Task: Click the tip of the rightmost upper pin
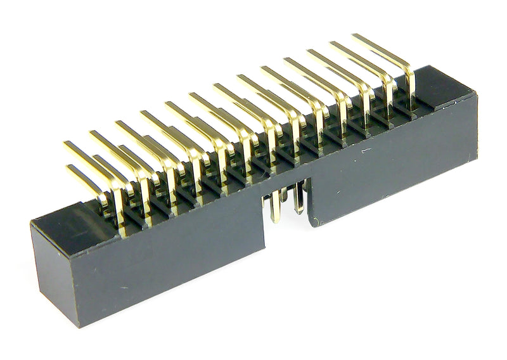coord(356,37)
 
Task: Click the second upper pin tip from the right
coord(332,46)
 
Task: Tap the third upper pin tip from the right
coord(310,53)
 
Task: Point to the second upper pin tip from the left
coord(93,134)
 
